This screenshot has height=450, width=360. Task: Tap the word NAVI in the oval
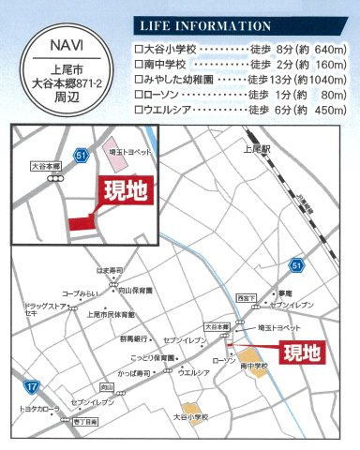point(61,43)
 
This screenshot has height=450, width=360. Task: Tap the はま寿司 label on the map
point(110,271)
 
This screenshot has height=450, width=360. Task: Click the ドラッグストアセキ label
point(42,309)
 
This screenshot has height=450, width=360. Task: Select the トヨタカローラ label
point(38,411)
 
